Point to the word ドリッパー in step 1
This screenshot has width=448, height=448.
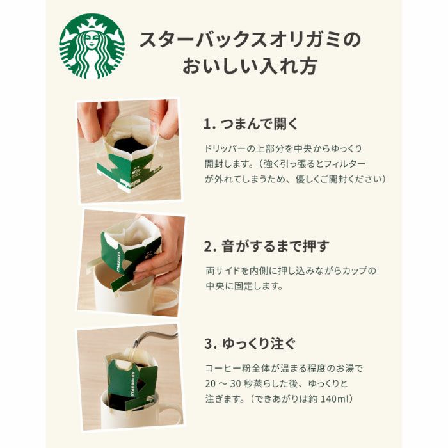225,147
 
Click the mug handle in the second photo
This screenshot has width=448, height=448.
168,298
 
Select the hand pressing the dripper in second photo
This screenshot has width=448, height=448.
159,250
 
